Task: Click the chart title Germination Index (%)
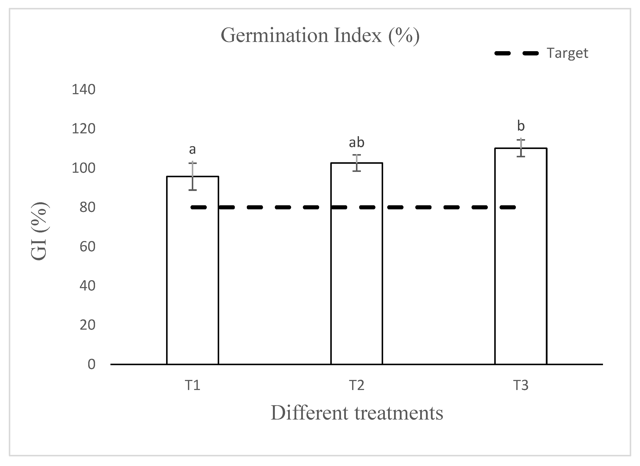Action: (320, 36)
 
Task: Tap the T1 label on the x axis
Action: (192, 385)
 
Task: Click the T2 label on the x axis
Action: (356, 385)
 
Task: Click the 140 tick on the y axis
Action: (83, 90)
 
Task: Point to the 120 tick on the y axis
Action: (83, 129)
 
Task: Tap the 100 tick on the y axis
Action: (83, 168)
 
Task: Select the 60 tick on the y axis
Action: (87, 247)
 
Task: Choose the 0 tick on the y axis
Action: (91, 364)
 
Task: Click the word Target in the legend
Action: (567, 53)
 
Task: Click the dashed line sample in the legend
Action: (516, 53)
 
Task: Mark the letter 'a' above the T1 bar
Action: (192, 150)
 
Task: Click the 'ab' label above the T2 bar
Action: (356, 143)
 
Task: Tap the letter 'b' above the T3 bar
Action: (521, 126)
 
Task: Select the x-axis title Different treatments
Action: (357, 413)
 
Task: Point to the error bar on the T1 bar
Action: (192, 176)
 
